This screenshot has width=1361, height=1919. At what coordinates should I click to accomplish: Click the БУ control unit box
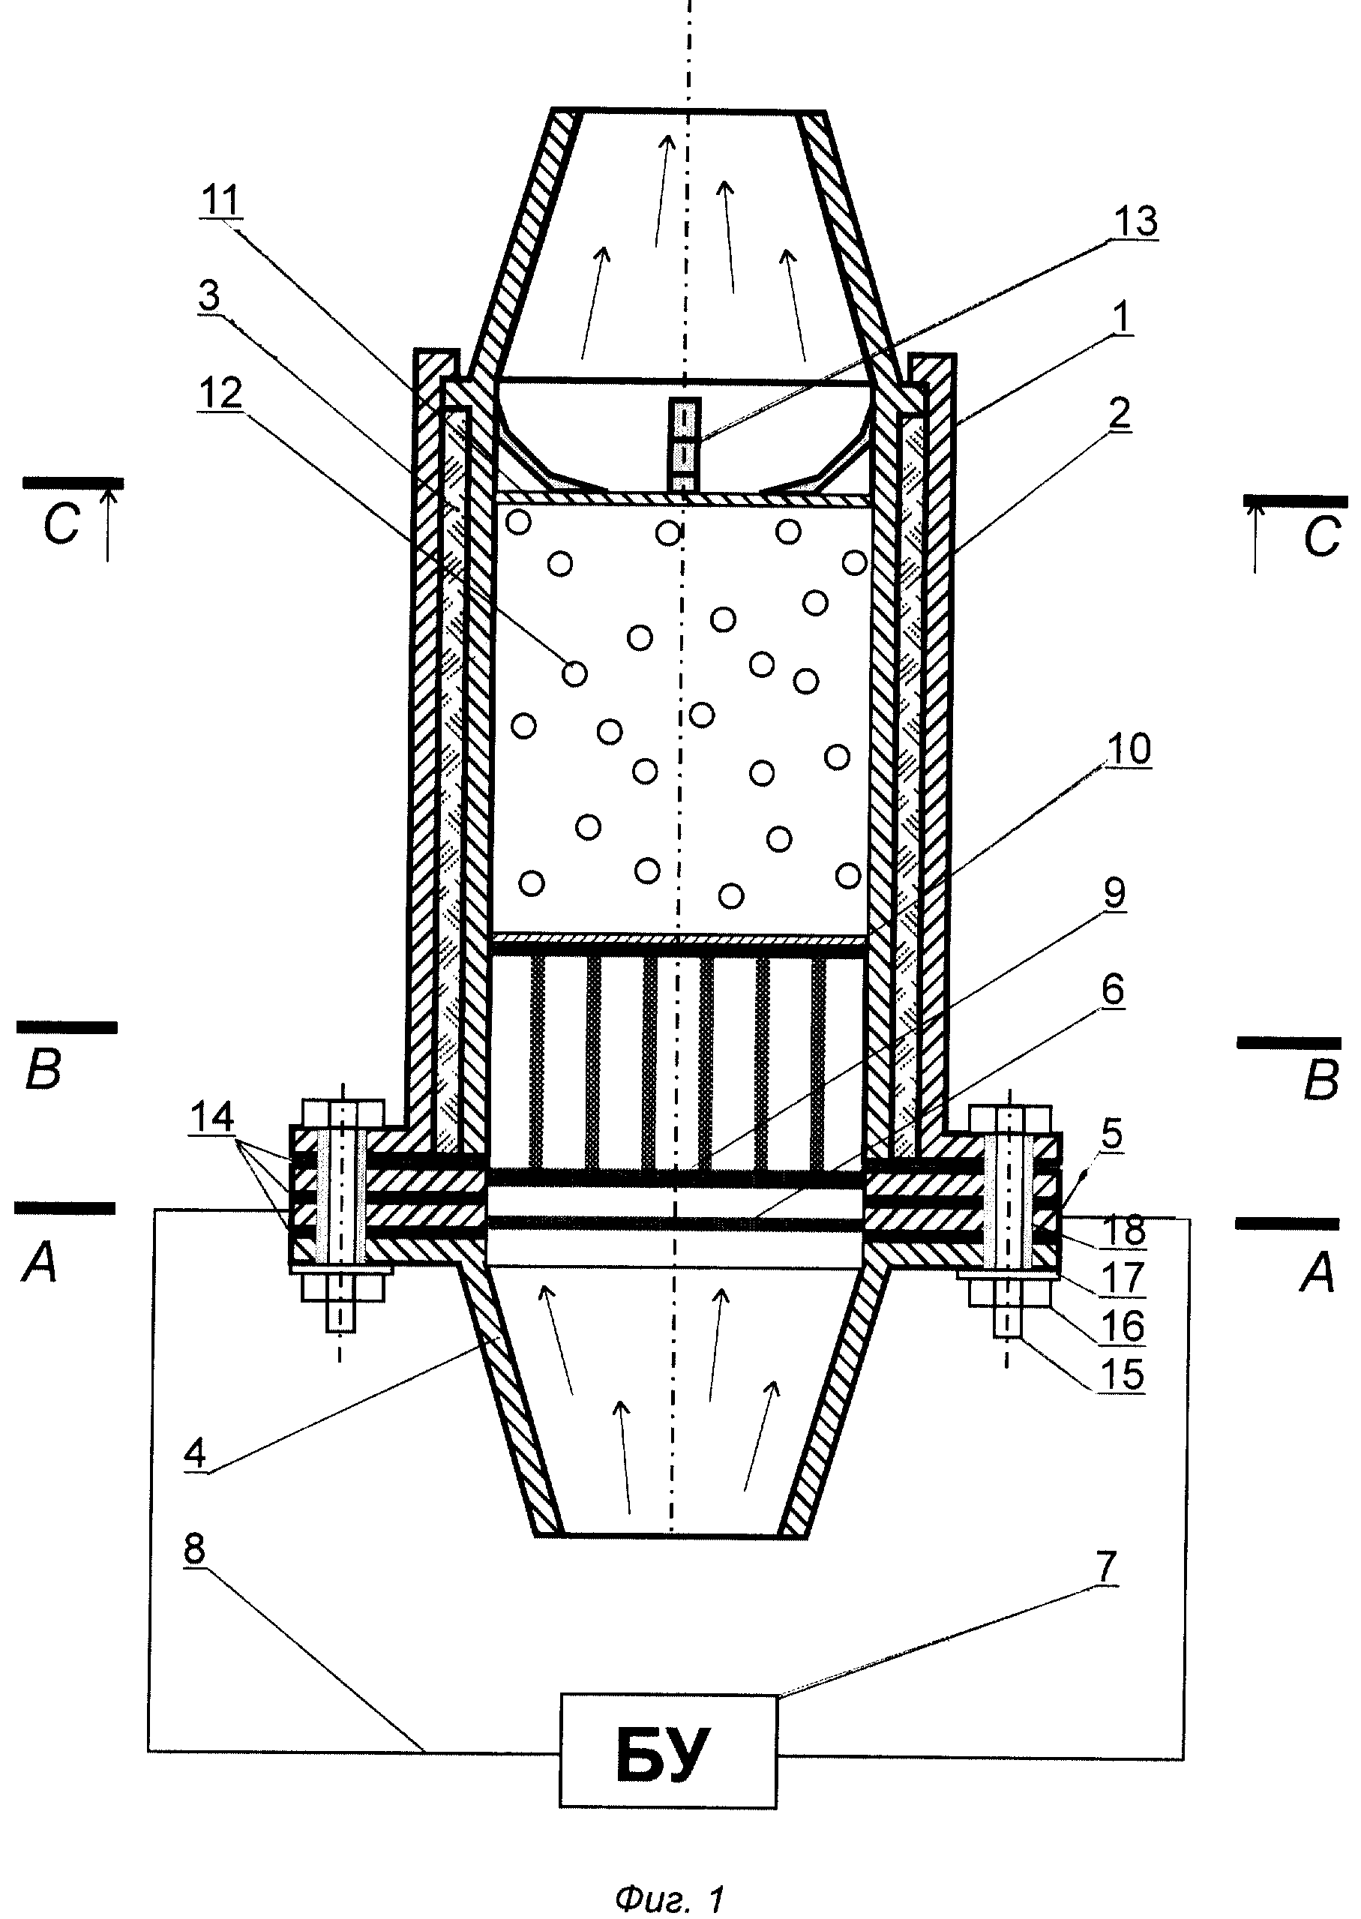pos(668,1752)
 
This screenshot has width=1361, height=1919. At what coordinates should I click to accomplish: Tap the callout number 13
pos(1135,221)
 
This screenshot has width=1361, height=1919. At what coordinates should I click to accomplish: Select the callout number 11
pos(220,201)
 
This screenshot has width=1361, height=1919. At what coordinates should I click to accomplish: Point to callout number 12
pos(220,392)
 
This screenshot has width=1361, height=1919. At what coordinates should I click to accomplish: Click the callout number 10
pos(1129,748)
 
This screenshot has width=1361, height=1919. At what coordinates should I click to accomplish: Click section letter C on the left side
pos(61,526)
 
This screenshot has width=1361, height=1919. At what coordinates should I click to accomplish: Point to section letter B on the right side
pos(1321,1082)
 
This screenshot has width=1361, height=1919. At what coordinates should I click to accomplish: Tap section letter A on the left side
pos(40,1264)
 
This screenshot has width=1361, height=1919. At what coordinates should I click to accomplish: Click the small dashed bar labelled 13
pos(686,445)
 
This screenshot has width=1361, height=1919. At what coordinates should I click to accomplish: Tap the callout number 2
pos(1119,413)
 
